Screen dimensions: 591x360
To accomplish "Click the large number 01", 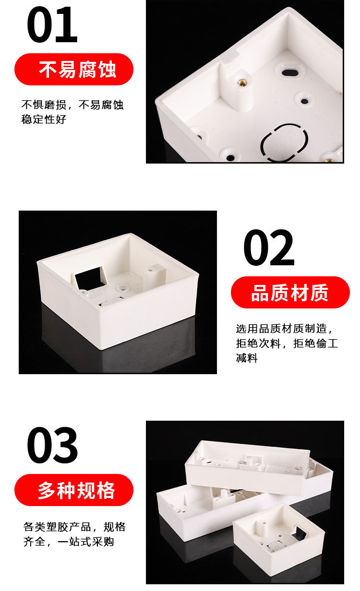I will click(x=52, y=25).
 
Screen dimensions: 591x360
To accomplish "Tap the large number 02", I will click(x=269, y=248).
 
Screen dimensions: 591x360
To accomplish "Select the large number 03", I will click(x=52, y=445).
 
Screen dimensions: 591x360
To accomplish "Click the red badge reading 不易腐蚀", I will click(x=74, y=70).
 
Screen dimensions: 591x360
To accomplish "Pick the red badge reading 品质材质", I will click(x=290, y=293).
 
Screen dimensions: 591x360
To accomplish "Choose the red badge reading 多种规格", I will click(x=74, y=490).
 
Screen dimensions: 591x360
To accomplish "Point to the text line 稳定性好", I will click(x=44, y=120).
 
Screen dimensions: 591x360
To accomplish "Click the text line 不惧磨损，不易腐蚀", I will click(x=72, y=105).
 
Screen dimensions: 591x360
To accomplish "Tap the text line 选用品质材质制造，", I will click(x=285, y=329).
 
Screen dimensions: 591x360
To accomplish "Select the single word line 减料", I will click(x=247, y=358).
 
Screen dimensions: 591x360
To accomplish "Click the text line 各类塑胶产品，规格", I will click(x=74, y=527).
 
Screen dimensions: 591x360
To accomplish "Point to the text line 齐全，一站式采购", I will click(x=69, y=542).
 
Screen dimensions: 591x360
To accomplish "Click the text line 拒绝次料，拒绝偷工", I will click(x=287, y=343).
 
